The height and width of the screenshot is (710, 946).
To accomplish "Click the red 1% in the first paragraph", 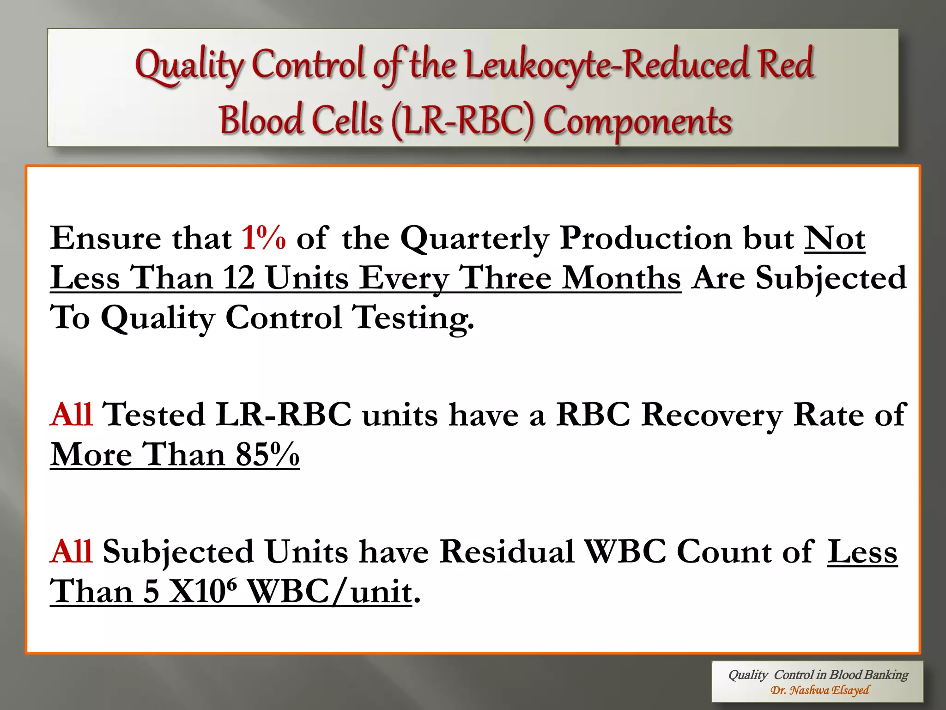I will (x=263, y=239).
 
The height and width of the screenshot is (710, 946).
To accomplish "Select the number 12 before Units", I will (x=239, y=278).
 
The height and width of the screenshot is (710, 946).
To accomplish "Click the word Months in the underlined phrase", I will (x=622, y=278).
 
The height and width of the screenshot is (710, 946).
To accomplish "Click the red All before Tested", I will (x=72, y=414).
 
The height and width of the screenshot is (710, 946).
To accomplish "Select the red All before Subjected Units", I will (x=72, y=551).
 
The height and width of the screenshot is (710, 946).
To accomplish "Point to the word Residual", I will (x=507, y=551).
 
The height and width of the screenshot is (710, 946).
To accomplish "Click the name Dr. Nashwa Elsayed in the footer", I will (x=819, y=691).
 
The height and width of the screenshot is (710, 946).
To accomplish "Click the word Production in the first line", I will (x=646, y=239).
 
